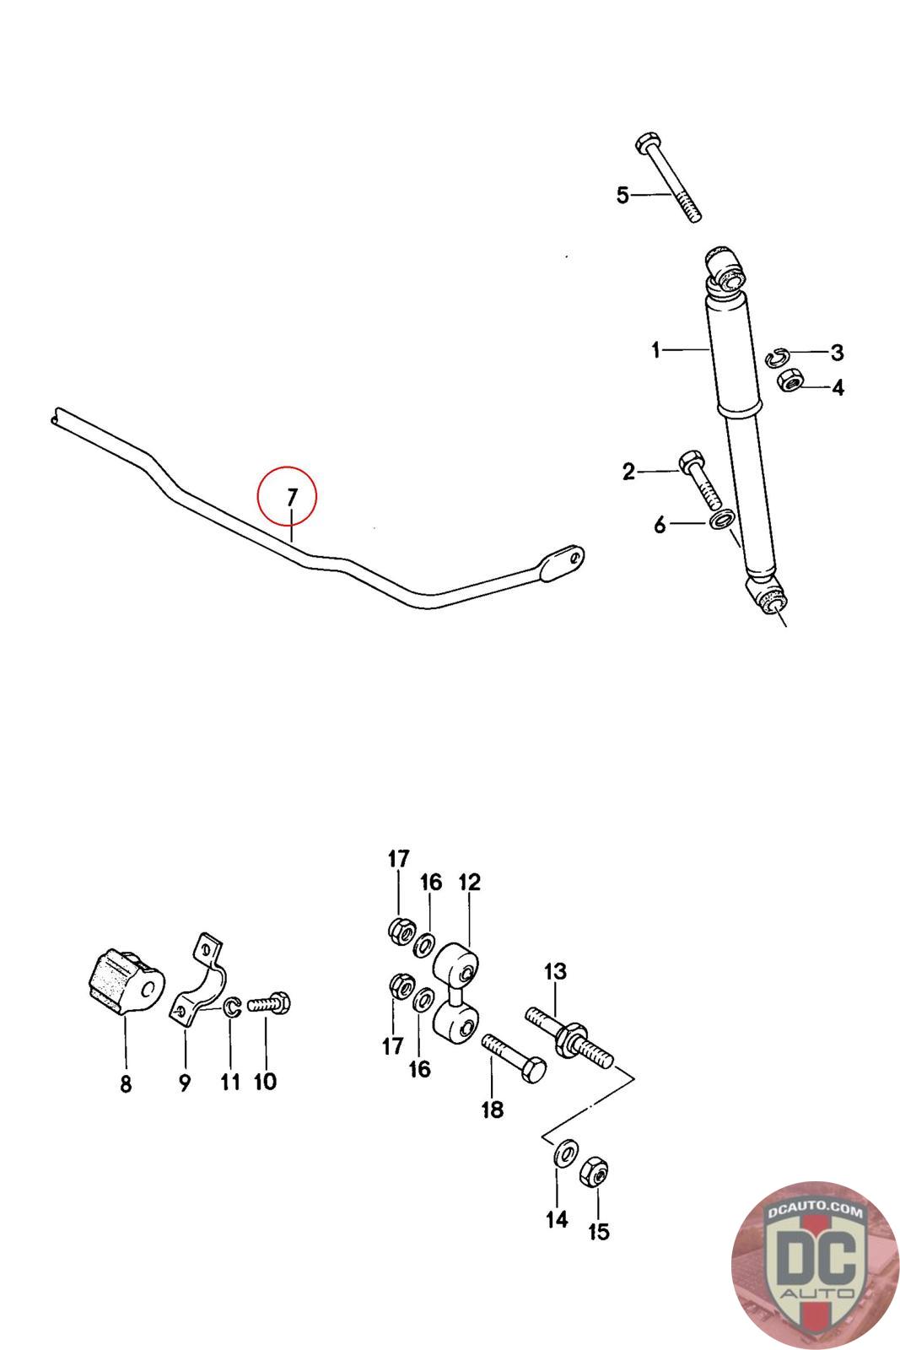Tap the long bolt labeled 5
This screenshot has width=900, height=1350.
[x=670, y=180]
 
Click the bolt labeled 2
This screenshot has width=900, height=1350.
[x=698, y=477]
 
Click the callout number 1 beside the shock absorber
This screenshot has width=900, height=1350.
[x=655, y=349]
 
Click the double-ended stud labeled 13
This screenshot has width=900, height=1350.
[x=570, y=1036]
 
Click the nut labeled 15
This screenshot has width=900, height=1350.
[x=595, y=1171]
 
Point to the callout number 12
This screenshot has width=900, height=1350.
[x=469, y=883]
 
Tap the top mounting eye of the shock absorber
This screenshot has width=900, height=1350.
[x=725, y=267]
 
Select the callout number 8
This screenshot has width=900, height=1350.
[x=126, y=1084]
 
